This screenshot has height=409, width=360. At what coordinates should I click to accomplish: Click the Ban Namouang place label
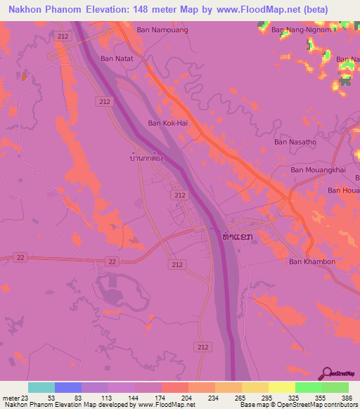point(162,30)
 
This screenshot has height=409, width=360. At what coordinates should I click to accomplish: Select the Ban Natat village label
point(117,59)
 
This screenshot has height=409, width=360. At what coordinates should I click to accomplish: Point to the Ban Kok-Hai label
point(167,123)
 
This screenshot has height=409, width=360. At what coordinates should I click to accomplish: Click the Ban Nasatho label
point(295,142)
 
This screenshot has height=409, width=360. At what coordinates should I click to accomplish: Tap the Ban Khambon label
point(312,261)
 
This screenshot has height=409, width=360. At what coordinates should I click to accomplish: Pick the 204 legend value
point(186,398)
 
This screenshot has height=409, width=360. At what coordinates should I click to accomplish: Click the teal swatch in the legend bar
point(41,387)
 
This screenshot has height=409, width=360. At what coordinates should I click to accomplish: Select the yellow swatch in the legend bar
point(282,387)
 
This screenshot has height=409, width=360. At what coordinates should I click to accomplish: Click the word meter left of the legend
point(8,398)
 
